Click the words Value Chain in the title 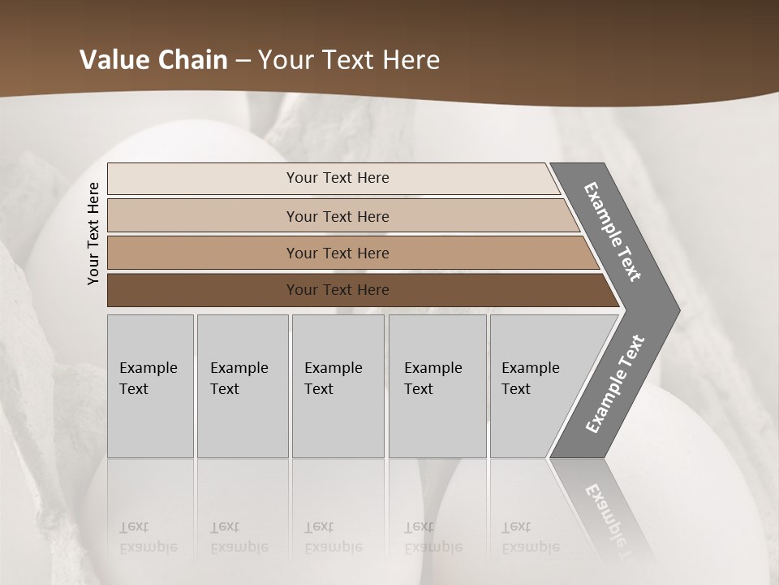(x=153, y=60)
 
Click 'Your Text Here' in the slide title (x=349, y=60)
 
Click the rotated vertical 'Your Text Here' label (x=93, y=234)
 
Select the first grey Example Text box (x=150, y=386)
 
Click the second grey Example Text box (x=242, y=386)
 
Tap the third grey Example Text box (x=338, y=386)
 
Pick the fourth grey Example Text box (x=437, y=386)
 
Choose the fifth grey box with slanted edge (x=536, y=386)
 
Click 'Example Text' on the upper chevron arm (x=613, y=232)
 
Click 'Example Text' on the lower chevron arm (x=614, y=384)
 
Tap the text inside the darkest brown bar (x=338, y=290)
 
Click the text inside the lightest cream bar (x=338, y=178)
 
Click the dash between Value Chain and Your (x=243, y=61)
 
